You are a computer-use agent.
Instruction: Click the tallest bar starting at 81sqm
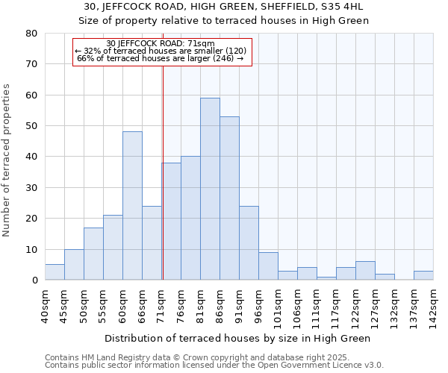click(x=210, y=189)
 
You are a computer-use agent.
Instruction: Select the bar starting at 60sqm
click(x=132, y=206)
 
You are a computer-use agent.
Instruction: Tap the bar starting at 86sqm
click(x=229, y=198)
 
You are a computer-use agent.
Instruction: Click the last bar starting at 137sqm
click(x=423, y=275)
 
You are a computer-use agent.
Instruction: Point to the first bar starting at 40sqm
click(x=55, y=272)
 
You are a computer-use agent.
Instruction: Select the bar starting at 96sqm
click(x=268, y=266)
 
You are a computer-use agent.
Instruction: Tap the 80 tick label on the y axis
click(x=31, y=34)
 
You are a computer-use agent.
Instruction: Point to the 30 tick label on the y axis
click(x=31, y=188)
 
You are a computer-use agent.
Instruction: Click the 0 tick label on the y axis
click(x=34, y=280)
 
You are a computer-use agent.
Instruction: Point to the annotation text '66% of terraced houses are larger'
click(x=161, y=58)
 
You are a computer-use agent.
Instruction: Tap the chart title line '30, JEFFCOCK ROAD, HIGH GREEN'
click(x=223, y=7)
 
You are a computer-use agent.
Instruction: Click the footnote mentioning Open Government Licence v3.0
click(x=214, y=366)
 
